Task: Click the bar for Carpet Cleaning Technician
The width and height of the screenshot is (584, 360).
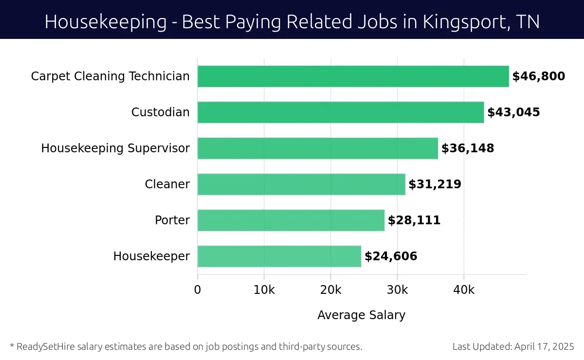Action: (353, 76)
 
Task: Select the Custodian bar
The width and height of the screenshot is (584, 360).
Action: (341, 112)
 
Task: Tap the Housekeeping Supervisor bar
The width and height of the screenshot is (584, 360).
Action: (317, 148)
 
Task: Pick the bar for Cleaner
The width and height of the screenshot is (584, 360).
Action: (301, 184)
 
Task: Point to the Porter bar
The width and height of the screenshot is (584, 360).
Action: (291, 220)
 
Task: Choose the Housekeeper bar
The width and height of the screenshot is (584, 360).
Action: (279, 256)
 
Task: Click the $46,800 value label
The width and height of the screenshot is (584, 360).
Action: (538, 76)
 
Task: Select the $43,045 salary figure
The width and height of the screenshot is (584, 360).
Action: (513, 112)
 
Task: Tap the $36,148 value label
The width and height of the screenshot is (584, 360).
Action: (468, 148)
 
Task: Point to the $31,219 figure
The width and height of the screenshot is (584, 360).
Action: (435, 184)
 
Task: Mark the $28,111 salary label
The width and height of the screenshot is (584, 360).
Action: (414, 220)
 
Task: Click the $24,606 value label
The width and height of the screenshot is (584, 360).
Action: (391, 256)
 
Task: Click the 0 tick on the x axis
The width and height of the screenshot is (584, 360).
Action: (198, 290)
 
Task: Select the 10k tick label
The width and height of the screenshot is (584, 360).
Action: (264, 290)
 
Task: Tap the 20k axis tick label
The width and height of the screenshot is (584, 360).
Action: (331, 290)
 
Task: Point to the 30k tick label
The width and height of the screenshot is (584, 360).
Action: (397, 290)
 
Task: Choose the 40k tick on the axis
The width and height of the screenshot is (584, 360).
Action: (464, 290)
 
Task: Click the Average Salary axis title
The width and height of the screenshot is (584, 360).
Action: (361, 315)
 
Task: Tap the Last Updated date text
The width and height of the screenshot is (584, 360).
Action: (513, 347)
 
